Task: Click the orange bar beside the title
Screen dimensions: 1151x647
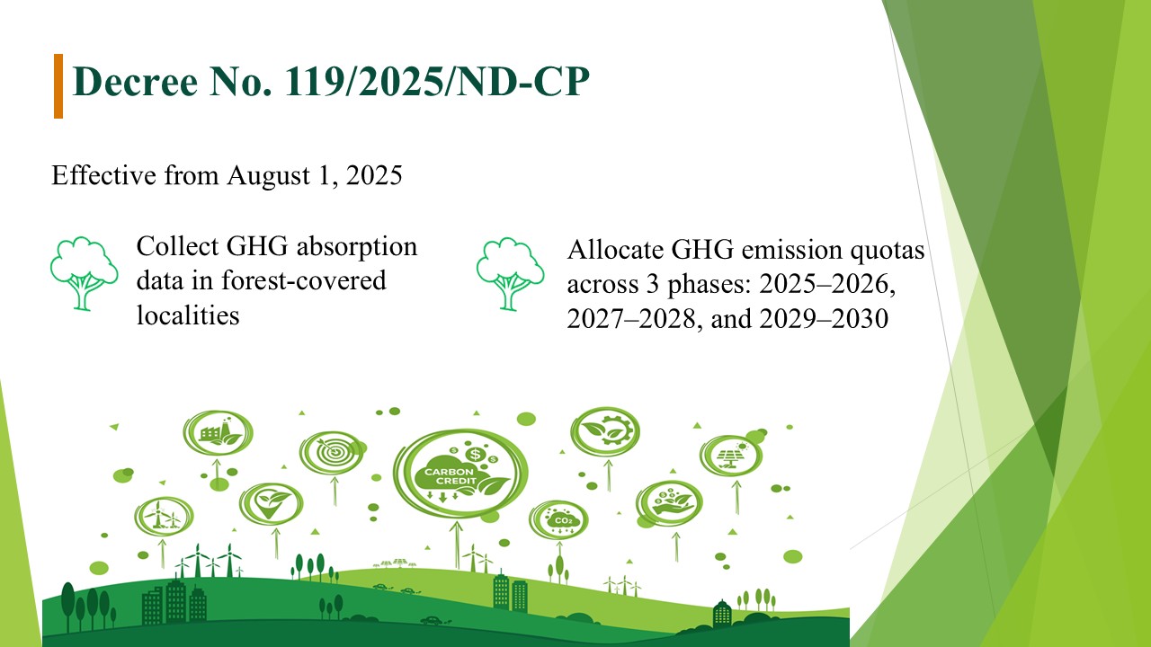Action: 58,86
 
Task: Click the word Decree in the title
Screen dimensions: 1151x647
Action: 136,81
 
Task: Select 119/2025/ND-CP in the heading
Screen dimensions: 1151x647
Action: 437,81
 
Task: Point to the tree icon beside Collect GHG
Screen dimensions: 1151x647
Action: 84,273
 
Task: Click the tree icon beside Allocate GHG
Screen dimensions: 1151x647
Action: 510,274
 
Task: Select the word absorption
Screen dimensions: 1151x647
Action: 357,247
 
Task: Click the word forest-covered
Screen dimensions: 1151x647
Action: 304,280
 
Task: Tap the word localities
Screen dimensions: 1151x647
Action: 188,315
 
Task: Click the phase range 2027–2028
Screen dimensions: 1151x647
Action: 631,318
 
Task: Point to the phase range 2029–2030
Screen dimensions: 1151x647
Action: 824,318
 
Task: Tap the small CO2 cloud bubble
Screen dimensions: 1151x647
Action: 559,519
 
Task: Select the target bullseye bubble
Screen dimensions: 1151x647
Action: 333,452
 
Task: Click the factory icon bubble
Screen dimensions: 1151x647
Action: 218,433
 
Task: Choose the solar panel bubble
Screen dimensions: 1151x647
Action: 731,456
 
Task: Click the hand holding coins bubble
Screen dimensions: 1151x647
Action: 669,503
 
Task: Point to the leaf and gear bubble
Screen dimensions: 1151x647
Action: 605,431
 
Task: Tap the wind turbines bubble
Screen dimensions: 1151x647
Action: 164,516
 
